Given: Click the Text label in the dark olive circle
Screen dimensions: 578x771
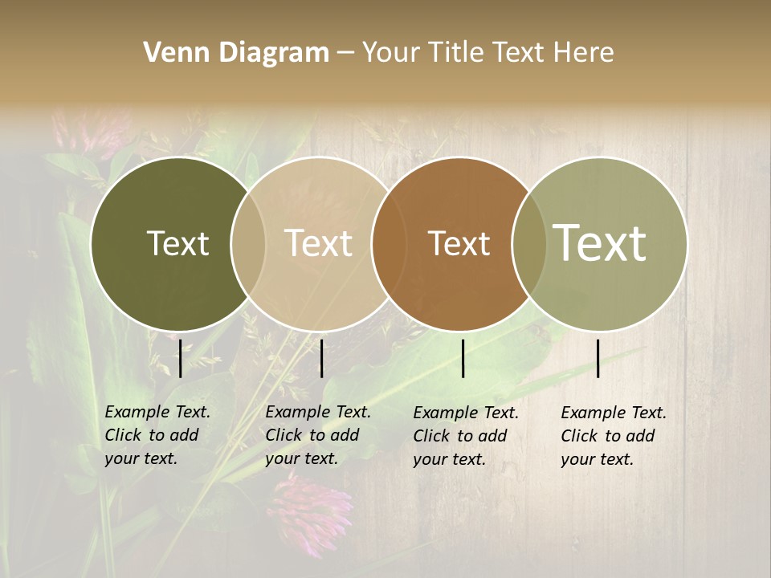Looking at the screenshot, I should click(177, 243).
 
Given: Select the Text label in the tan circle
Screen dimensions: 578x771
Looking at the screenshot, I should click(319, 243).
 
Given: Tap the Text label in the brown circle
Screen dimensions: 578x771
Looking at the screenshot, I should click(459, 243).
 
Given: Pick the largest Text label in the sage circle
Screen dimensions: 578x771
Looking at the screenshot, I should click(600, 242).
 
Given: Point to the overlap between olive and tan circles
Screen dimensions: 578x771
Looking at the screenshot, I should click(248, 243).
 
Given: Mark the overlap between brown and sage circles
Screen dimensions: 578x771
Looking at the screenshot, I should click(529, 243).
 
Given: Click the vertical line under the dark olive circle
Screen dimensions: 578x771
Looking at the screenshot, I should click(181, 358).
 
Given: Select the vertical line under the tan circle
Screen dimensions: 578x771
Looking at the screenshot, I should click(321, 358).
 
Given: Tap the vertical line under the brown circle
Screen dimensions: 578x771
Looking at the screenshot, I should click(463, 358).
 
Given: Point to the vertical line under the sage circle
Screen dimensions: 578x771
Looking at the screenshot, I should click(598, 358).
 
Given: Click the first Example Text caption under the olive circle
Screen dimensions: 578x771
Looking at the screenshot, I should click(157, 435).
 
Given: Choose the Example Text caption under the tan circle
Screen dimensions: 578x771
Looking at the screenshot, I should click(317, 435).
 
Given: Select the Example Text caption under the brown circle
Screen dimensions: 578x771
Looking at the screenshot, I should click(465, 436).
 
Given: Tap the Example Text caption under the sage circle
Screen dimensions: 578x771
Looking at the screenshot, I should click(613, 436).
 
